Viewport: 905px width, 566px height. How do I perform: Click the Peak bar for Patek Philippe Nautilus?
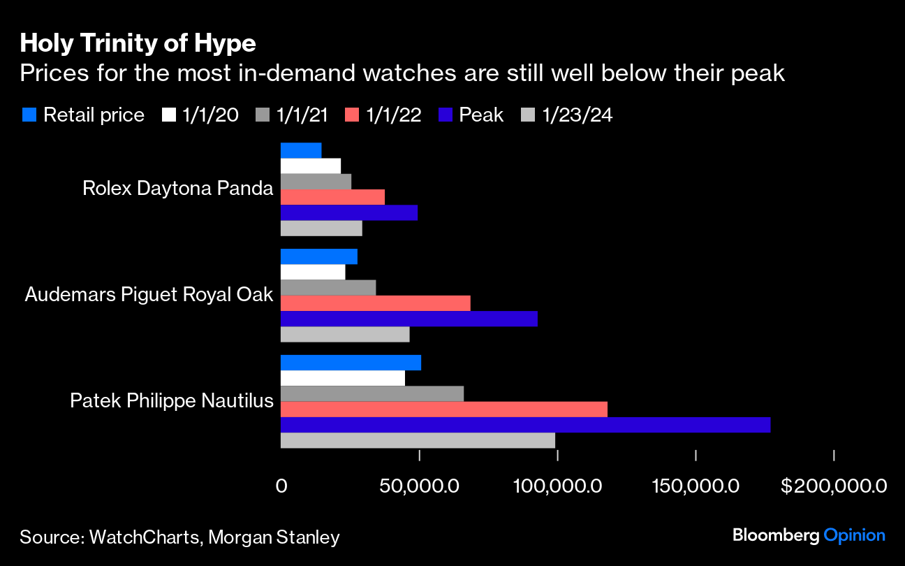coord(525,425)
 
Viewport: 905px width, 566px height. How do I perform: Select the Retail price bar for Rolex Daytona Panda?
coord(301,150)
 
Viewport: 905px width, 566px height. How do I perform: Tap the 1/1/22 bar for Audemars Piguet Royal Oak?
coord(375,303)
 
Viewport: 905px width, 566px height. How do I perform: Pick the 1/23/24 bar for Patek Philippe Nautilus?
coord(418,440)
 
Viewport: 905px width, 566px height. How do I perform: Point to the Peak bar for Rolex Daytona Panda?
coord(348,213)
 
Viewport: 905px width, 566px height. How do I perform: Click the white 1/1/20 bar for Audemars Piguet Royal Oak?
coord(313,272)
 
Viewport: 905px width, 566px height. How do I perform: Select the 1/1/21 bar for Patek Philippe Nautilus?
coord(372,394)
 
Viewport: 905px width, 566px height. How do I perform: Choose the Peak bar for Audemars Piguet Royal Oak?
coord(409,319)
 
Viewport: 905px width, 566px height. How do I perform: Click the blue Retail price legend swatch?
coord(29,115)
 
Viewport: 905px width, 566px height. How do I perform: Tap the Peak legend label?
coord(481,115)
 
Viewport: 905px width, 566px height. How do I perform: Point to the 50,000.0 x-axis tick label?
coord(418,485)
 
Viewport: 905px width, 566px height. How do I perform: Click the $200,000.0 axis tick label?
coord(834,485)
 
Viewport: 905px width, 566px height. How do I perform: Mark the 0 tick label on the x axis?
coord(281,485)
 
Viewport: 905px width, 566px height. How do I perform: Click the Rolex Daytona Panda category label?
coord(177,189)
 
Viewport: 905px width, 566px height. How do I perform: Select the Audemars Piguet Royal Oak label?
coord(149,295)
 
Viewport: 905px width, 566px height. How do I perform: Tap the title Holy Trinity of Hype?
coord(138,44)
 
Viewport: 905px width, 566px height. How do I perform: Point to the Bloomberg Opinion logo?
coord(809,536)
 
